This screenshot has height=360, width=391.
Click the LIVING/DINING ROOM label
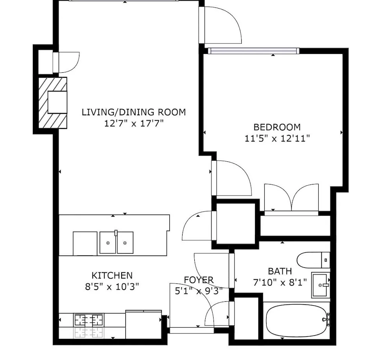click(x=134, y=112)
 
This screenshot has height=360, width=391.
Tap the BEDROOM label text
click(x=277, y=127)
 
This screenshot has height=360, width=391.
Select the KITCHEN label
click(x=112, y=276)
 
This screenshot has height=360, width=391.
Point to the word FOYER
click(x=199, y=280)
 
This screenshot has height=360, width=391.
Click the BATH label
click(x=280, y=271)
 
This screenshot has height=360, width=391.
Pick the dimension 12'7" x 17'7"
click(x=134, y=124)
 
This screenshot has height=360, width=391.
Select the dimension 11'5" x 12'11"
click(x=277, y=138)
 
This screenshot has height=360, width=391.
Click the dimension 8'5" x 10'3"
click(x=112, y=287)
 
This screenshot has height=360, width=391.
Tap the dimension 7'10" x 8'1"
click(x=280, y=283)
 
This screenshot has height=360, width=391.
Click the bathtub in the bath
click(x=297, y=320)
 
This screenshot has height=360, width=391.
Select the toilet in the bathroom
click(x=313, y=260)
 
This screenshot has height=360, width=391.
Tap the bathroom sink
click(x=321, y=285)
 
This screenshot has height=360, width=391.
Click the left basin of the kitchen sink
click(x=108, y=243)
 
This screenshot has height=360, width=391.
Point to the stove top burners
click(x=89, y=320)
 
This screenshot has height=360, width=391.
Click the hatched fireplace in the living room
click(x=53, y=103)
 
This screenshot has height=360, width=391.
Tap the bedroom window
click(x=254, y=51)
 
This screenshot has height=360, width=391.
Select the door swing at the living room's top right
click(x=221, y=25)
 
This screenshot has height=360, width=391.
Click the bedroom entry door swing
click(x=232, y=178)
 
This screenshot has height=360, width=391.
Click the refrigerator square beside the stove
click(x=143, y=324)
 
